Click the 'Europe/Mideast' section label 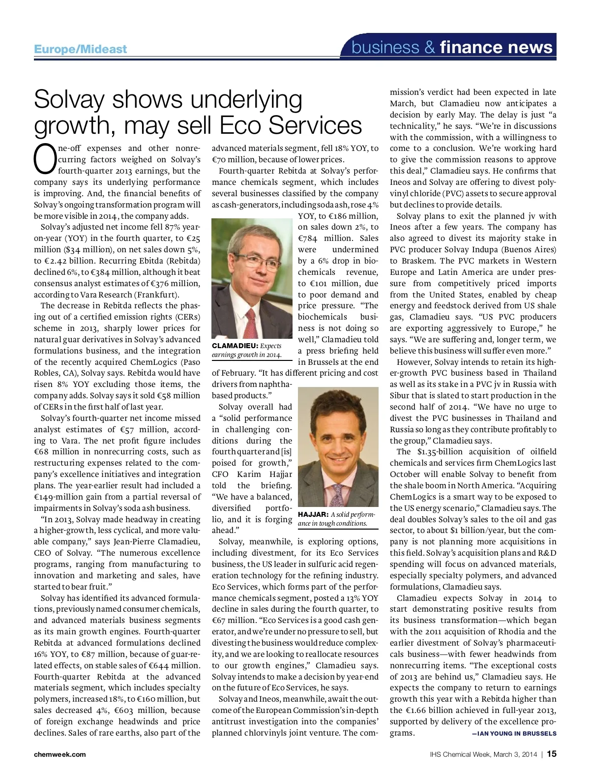(80, 49)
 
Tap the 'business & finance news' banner (452, 47)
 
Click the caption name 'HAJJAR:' (313, 514)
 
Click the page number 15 (551, 754)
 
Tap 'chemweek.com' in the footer (59, 754)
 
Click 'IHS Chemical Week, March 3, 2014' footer (482, 754)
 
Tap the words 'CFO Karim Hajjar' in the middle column (252, 474)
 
